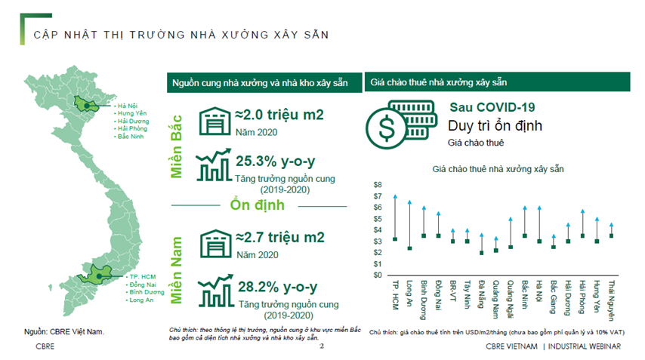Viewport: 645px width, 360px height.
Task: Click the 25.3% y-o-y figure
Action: pyautogui.click(x=275, y=160)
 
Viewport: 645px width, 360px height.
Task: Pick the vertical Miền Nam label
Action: pyautogui.click(x=179, y=269)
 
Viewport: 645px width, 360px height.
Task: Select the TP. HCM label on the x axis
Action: pyautogui.click(x=395, y=294)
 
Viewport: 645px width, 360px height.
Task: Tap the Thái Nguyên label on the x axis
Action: pyautogui.click(x=611, y=297)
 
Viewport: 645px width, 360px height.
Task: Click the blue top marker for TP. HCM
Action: pyautogui.click(x=395, y=196)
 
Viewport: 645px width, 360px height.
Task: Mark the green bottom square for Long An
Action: pyautogui.click(x=409, y=248)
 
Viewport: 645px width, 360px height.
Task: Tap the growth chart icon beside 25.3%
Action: pyautogui.click(x=214, y=165)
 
